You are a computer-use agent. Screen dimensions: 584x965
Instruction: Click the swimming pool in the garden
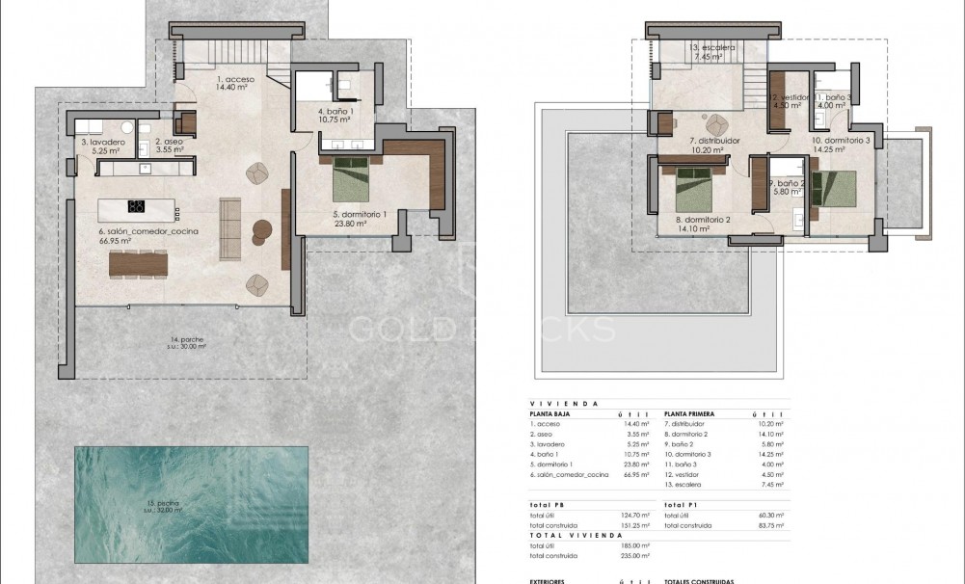tap(192, 504)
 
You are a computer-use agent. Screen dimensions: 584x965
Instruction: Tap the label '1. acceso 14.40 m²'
tap(236, 83)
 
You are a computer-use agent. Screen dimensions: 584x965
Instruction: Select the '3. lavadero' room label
tap(99, 146)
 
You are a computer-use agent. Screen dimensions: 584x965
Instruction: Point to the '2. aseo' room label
tap(171, 146)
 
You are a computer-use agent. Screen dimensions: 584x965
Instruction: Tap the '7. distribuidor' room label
tap(713, 146)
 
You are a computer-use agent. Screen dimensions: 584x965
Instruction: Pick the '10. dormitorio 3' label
tap(841, 146)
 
